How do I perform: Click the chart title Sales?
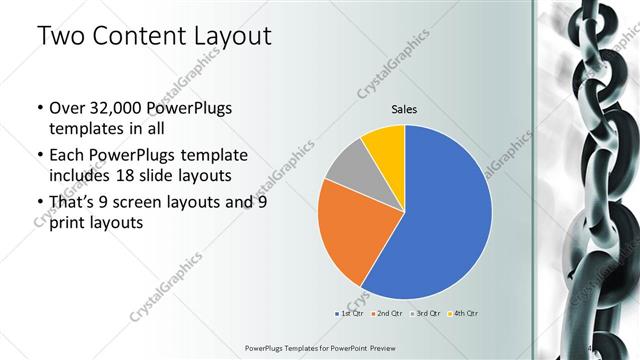click(x=404, y=109)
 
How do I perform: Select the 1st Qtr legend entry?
click(x=350, y=314)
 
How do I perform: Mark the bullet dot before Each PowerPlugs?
click(x=38, y=156)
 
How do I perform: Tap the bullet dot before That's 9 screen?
click(x=38, y=203)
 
